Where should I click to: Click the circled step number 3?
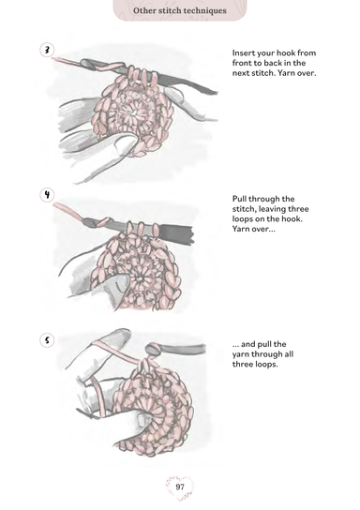click(x=47, y=50)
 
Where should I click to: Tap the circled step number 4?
click(x=47, y=195)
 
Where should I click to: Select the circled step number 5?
click(x=47, y=340)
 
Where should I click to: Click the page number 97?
click(x=180, y=487)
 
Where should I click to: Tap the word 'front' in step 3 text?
click(x=242, y=63)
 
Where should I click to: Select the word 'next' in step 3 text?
click(x=241, y=73)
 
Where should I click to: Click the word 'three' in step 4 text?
click(x=298, y=209)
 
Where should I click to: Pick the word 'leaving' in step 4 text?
click(x=271, y=209)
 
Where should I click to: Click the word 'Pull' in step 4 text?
click(x=239, y=199)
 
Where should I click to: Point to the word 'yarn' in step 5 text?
click(x=241, y=354)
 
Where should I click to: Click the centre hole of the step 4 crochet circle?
click(x=141, y=279)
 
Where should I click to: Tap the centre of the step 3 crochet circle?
click(x=133, y=112)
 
